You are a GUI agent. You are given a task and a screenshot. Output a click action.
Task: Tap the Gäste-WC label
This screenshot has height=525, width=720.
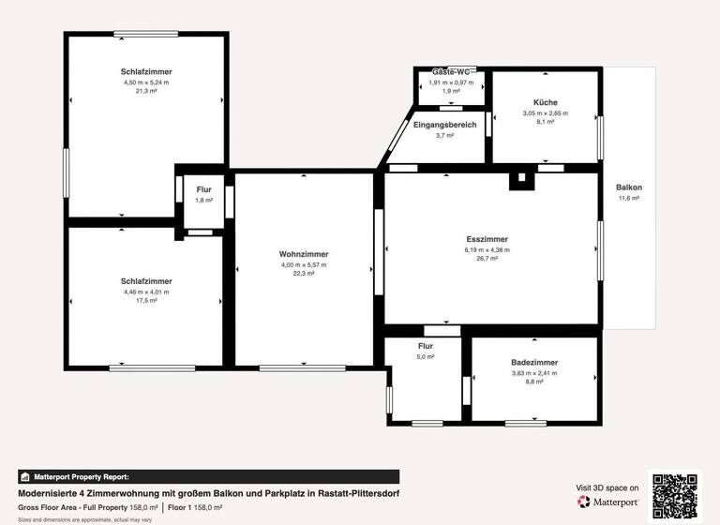(451, 72)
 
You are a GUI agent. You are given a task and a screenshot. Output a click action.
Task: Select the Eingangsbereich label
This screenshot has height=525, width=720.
(444, 125)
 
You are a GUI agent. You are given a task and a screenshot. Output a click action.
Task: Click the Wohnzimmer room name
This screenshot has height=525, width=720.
(304, 254)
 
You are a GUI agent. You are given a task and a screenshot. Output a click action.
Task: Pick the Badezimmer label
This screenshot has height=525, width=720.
(534, 362)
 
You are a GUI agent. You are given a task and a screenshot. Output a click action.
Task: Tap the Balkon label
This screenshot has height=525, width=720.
(628, 187)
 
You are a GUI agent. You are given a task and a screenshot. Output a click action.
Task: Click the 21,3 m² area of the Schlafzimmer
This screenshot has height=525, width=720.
(146, 92)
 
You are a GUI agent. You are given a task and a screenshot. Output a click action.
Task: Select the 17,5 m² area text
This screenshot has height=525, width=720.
(146, 301)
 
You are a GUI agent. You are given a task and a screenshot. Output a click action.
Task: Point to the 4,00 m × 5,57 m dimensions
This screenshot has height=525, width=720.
(304, 264)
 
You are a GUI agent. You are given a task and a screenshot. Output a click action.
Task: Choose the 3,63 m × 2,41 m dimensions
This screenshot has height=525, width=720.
(534, 373)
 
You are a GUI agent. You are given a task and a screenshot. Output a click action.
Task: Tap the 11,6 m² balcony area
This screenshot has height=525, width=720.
(628, 199)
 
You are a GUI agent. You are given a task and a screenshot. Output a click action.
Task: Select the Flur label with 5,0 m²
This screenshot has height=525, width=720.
(426, 346)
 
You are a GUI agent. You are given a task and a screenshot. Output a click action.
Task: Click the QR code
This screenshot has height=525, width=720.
(676, 494)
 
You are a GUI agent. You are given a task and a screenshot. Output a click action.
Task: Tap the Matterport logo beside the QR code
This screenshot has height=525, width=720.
(610, 502)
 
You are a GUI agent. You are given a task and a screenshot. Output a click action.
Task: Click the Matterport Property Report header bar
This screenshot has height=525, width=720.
(208, 476)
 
